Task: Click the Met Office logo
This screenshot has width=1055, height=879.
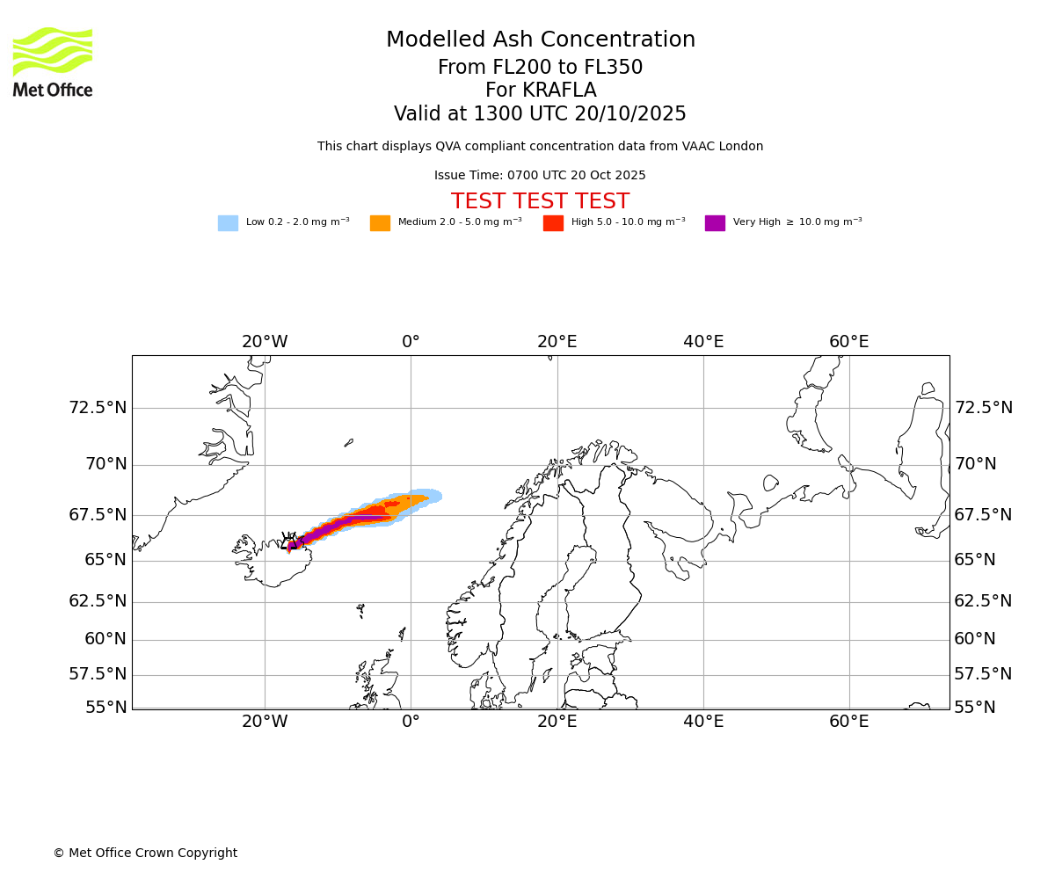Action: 53,62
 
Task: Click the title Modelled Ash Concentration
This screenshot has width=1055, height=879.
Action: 540,40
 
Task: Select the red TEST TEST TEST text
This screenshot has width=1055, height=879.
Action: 540,201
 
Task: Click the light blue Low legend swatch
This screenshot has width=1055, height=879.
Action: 228,223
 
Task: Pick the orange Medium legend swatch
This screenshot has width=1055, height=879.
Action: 380,223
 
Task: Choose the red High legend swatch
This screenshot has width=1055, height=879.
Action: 553,223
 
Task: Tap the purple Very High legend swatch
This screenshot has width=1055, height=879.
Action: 715,223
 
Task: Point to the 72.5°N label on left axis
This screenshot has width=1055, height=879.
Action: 98,408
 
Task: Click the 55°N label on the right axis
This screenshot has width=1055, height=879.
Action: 975,708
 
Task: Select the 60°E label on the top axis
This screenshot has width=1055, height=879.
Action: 849,342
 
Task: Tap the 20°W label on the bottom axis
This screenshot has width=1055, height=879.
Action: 265,722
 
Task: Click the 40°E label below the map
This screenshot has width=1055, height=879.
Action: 703,722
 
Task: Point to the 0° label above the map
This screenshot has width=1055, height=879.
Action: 411,342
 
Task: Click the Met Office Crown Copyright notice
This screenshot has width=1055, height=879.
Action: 145,853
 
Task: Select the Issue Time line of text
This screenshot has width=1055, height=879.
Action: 540,176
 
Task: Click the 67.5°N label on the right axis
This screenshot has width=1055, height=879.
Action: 983,515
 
